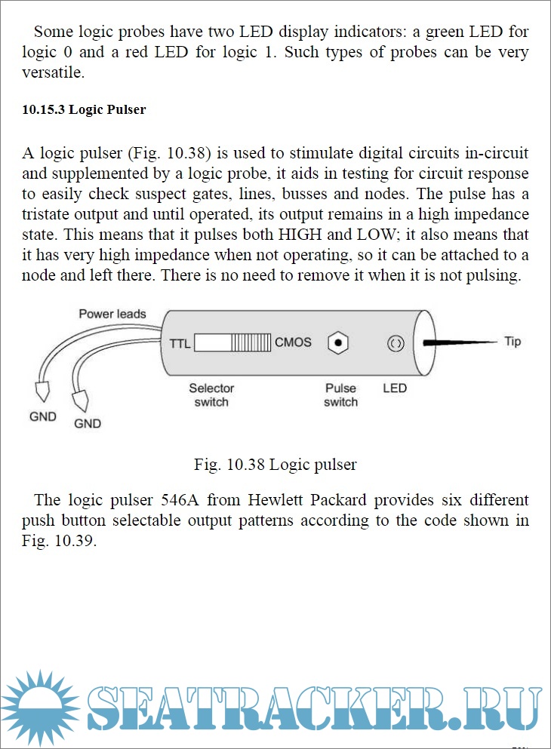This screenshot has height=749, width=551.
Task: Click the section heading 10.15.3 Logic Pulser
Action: [84, 110]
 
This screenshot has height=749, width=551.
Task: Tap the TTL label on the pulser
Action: [180, 342]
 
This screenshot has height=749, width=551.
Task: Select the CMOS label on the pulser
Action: [293, 342]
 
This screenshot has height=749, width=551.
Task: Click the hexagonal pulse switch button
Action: [339, 343]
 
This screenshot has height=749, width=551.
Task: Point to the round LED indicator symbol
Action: [395, 344]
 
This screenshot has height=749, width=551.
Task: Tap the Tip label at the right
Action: [513, 342]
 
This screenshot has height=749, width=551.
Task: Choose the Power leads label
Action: [112, 314]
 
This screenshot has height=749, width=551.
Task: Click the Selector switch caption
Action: [211, 394]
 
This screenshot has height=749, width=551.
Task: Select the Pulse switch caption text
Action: [340, 394]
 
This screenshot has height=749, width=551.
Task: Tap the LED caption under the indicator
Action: [395, 388]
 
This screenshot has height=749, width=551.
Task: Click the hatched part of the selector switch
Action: [251, 343]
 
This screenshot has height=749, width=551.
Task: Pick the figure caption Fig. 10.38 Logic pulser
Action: [275, 465]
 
